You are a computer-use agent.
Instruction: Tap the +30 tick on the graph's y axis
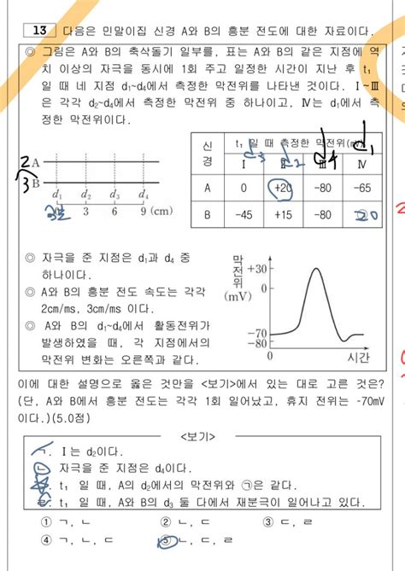click(256, 268)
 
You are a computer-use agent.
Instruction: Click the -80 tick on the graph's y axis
click(256, 344)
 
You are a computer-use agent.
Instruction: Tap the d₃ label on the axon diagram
click(114, 196)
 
